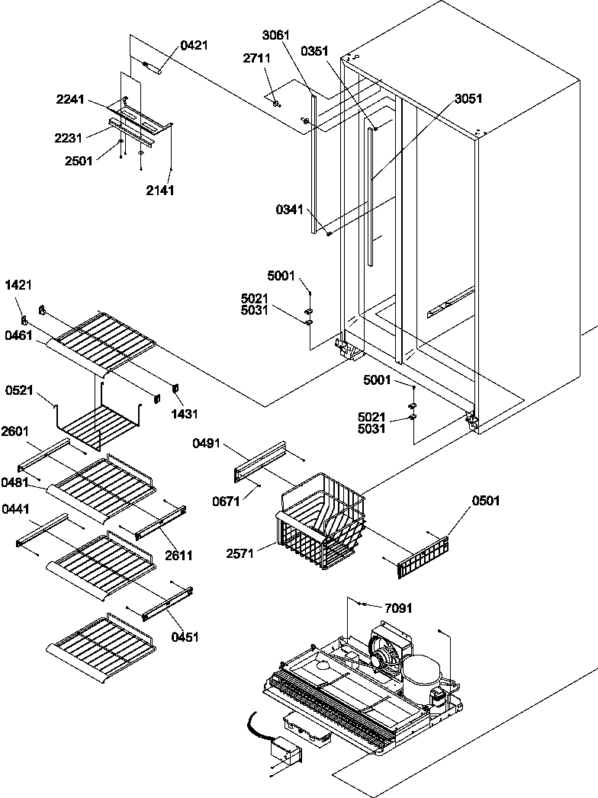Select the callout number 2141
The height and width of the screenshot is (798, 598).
[161, 191]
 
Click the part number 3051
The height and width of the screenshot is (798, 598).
[468, 98]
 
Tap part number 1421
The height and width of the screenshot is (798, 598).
[18, 286]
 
